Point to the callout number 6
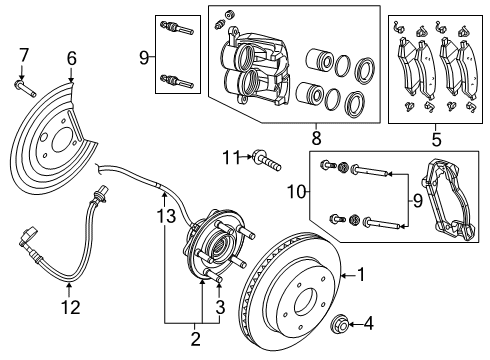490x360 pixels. (x=71, y=59)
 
